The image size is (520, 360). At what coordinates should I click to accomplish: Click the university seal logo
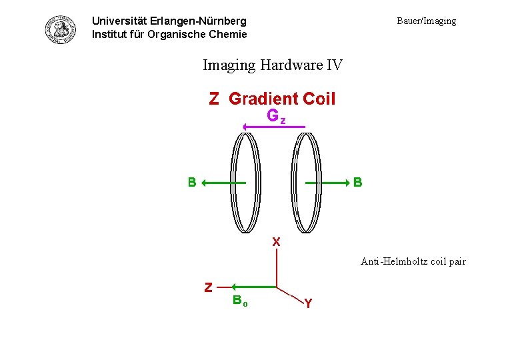[x=61, y=29]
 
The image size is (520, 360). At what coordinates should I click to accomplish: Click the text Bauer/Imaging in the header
[x=426, y=21]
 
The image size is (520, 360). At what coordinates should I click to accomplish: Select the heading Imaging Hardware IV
[x=272, y=65]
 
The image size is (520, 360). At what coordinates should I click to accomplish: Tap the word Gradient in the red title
[x=263, y=99]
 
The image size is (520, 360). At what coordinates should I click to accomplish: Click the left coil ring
[x=246, y=182]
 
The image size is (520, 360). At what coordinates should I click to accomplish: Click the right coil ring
[x=307, y=182]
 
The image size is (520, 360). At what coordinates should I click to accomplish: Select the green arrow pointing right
[x=328, y=182]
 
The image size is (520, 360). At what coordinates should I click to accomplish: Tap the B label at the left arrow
[x=192, y=182]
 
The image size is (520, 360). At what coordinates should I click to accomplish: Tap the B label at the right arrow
[x=358, y=182]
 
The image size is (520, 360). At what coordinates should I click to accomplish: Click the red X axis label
[x=276, y=242]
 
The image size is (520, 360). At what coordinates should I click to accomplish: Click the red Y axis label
[x=307, y=304]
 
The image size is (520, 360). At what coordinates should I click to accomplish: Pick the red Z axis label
[x=208, y=287]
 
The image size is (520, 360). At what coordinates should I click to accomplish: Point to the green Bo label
[x=240, y=300]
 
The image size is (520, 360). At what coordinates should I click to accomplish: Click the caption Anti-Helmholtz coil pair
[x=413, y=261]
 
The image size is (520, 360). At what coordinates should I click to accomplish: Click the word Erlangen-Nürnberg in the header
[x=206, y=21]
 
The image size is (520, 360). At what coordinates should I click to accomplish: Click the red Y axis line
[x=291, y=295]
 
